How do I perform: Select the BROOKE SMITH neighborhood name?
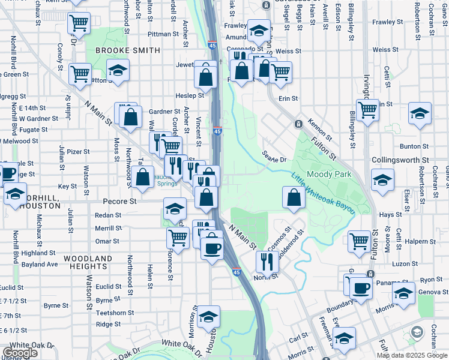point(127,51)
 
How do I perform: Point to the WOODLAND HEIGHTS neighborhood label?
point(88,263)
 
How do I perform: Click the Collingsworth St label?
point(400,161)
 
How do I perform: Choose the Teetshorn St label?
point(114,313)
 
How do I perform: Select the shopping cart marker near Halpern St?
point(360,242)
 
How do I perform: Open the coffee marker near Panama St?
point(361,288)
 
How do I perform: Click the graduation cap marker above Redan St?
point(174,208)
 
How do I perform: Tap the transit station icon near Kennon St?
point(298,124)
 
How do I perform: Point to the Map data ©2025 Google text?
point(412,355)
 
